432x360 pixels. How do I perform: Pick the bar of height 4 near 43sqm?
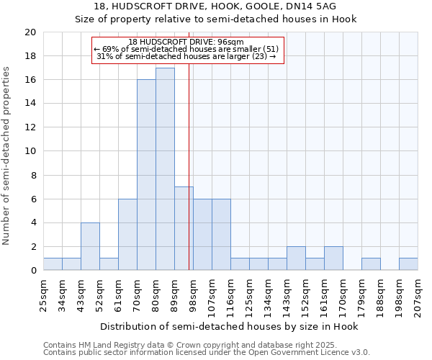point(90,246)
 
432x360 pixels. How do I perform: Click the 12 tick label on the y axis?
point(30,127)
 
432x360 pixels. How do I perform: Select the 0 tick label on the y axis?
point(33,271)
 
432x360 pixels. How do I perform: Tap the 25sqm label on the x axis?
point(43,292)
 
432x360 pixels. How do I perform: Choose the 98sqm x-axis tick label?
point(193,292)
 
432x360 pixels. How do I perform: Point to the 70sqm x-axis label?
point(137,292)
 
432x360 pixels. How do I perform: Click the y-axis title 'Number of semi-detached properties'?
point(7,156)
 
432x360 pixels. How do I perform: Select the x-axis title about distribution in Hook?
point(229,326)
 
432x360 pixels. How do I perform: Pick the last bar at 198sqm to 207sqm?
point(408,264)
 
